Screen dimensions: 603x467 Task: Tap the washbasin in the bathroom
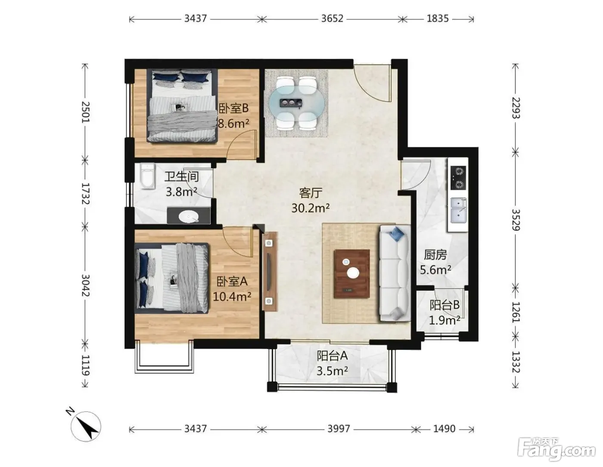click(189, 216)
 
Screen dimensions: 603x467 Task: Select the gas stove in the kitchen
click(458, 178)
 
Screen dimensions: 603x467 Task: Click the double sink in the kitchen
click(458, 210)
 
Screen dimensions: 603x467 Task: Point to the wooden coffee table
click(352, 274)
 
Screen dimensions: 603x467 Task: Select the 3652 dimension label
click(332, 19)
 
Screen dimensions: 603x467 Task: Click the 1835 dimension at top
click(438, 19)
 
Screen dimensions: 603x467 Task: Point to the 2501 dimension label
click(85, 112)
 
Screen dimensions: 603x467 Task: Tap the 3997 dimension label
click(339, 429)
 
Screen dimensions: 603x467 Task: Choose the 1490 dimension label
click(444, 429)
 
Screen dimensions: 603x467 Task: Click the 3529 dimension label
click(516, 220)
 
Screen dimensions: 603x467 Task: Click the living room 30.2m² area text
click(311, 208)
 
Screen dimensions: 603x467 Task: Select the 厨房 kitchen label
click(435, 255)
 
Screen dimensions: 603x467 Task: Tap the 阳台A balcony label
click(332, 356)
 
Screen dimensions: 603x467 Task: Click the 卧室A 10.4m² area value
click(232, 297)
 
